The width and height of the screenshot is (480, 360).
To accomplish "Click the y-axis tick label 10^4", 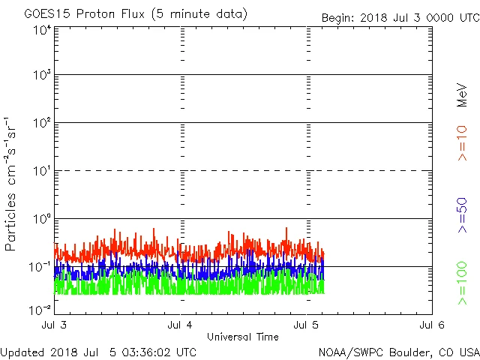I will coord(41,30).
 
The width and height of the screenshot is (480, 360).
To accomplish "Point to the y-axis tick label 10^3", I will coord(41,76).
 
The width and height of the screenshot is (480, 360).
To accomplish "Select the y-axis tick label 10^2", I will coord(41,123).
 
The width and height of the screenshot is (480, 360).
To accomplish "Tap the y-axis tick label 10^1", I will coord(41,171).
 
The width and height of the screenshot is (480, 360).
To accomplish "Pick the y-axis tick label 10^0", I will coord(41,219).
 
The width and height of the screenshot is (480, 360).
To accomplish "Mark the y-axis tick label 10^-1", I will coord(40,266).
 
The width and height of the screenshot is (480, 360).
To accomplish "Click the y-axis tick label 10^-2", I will coord(40,310).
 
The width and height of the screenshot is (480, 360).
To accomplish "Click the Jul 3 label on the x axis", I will coord(55,325).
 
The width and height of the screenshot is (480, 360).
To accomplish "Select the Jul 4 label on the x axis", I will coord(181,325).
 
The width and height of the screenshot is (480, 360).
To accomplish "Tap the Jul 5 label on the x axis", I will coord(307,325).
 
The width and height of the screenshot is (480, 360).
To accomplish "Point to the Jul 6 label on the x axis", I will coord(432,325).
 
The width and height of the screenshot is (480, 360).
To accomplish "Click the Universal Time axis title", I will coord(243,337).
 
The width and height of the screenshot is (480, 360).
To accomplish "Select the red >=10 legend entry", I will coord(462,142).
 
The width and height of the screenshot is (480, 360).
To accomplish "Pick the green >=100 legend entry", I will coord(462,283).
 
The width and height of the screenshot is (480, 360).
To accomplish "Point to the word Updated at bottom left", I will coord(22,351).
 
